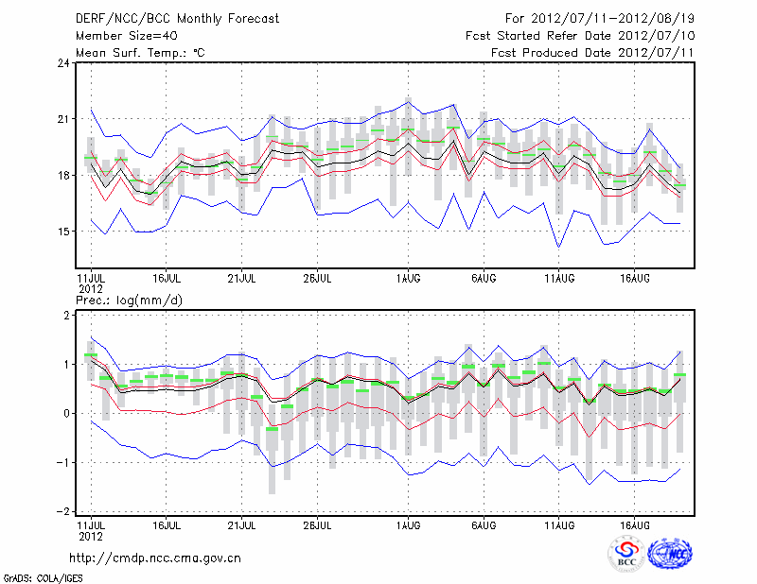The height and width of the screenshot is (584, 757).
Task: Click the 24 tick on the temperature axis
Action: (x=63, y=63)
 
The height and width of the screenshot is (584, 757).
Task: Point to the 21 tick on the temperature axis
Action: (x=63, y=119)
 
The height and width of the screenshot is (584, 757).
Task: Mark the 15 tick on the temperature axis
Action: (x=63, y=232)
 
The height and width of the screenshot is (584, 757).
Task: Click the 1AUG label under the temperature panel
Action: (x=408, y=279)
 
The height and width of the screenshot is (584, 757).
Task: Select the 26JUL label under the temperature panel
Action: (x=318, y=279)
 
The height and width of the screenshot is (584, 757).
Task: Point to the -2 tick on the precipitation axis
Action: (x=63, y=511)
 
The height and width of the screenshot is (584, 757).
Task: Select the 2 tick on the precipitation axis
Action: (x=66, y=315)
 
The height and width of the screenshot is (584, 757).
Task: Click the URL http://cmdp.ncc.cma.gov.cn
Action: (x=155, y=558)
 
